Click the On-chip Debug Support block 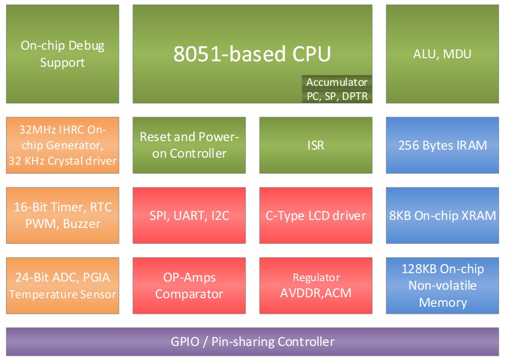point(62,54)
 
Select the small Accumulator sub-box point(337,82)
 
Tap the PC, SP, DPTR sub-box point(337,96)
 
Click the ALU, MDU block point(442,54)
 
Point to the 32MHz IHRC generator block point(62,145)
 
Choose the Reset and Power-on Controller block point(189,145)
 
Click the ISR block point(316,145)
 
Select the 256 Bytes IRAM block point(442,145)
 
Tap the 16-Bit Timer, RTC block point(62,215)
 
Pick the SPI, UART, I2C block point(189,215)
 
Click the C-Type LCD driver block point(316,215)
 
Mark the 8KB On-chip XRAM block point(442,215)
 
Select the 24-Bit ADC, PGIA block point(62,286)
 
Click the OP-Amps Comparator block point(189,286)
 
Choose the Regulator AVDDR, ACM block point(316,286)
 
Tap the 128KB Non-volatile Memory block point(442,286)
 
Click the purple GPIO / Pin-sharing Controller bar point(252,342)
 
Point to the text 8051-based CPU point(252,54)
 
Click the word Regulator point(316,278)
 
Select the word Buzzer point(83,224)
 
